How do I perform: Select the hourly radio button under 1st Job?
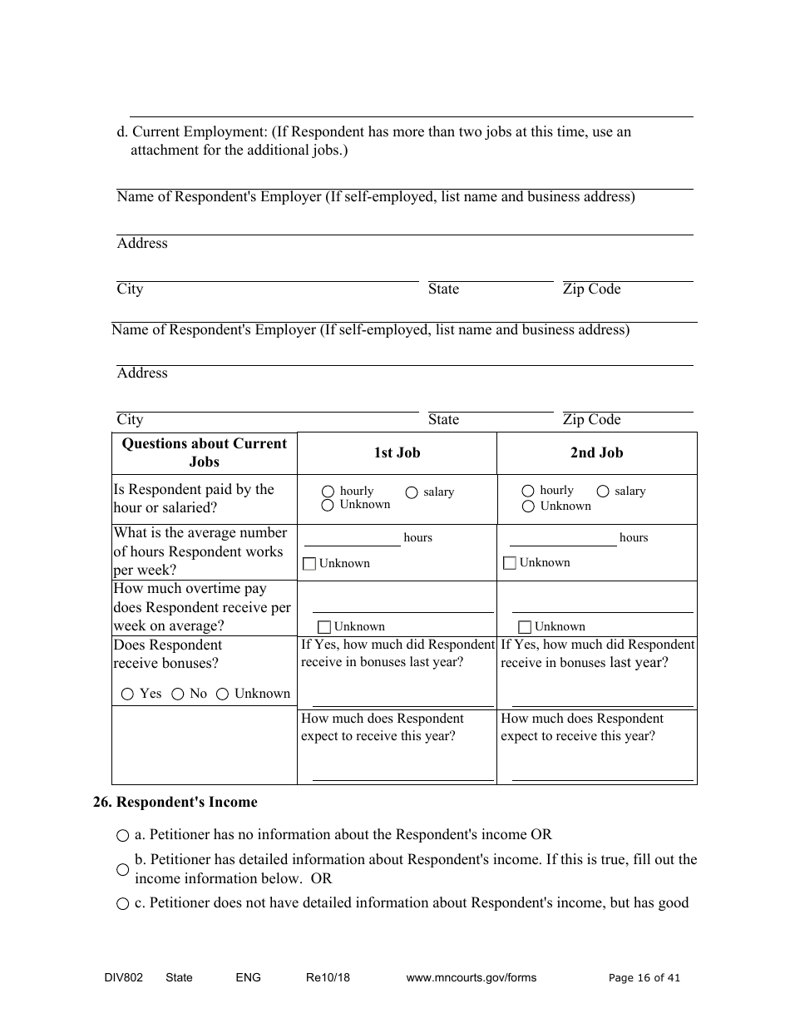click(328, 492)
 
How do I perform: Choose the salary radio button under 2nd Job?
click(603, 492)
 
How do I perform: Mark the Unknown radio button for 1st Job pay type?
click(328, 505)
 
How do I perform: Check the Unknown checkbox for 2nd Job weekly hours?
click(510, 563)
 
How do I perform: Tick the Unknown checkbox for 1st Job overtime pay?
click(324, 627)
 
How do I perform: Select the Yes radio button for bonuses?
click(127, 694)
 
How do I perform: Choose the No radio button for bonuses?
click(177, 694)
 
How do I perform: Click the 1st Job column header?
click(397, 453)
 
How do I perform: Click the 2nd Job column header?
click(596, 453)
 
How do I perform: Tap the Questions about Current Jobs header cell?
click(204, 453)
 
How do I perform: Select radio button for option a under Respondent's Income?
click(123, 835)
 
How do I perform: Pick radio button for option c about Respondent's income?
click(123, 904)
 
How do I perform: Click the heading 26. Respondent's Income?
click(175, 803)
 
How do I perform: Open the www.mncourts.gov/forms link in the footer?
click(471, 978)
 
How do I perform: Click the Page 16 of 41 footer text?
click(644, 978)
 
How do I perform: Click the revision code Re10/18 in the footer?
click(328, 978)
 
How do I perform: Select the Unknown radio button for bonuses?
click(222, 694)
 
